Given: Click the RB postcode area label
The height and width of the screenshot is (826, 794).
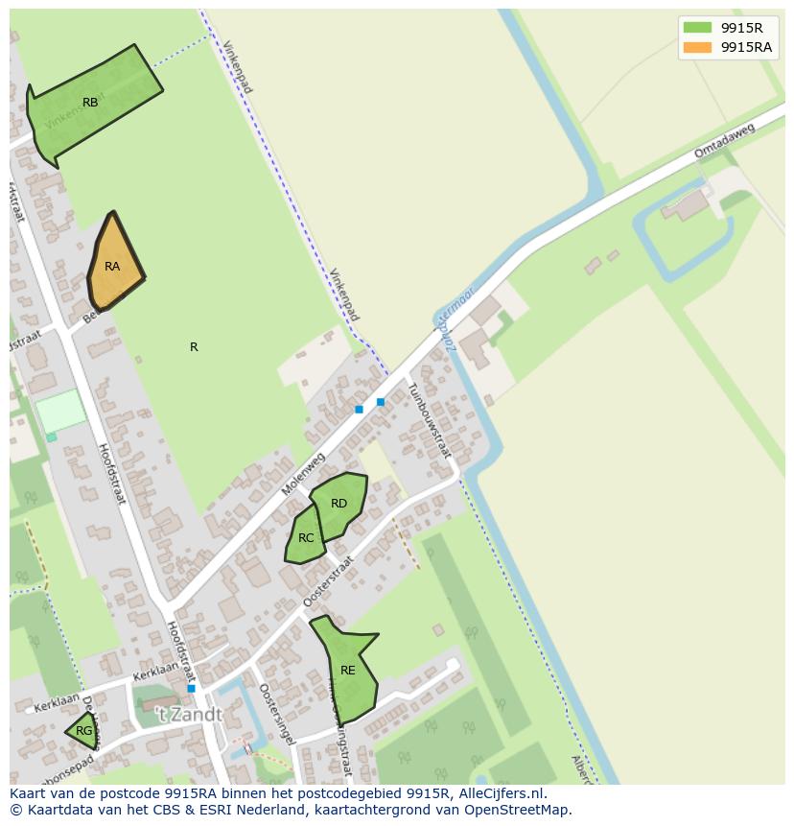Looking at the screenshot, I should click(90, 103).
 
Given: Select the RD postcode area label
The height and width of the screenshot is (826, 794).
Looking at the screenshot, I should click(339, 504).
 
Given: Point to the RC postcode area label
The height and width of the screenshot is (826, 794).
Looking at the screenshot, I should click(306, 538).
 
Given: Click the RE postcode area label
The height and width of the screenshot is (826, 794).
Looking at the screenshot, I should click(348, 671).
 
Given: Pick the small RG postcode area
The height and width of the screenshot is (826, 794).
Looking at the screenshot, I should click(83, 731).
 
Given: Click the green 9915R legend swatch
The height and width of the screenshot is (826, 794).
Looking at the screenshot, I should click(697, 28).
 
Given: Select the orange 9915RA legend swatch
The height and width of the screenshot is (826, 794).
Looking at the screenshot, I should click(697, 47).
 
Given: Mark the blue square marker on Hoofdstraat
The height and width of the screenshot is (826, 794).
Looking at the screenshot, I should click(192, 689).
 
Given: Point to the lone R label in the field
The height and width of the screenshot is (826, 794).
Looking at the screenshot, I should click(194, 347).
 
